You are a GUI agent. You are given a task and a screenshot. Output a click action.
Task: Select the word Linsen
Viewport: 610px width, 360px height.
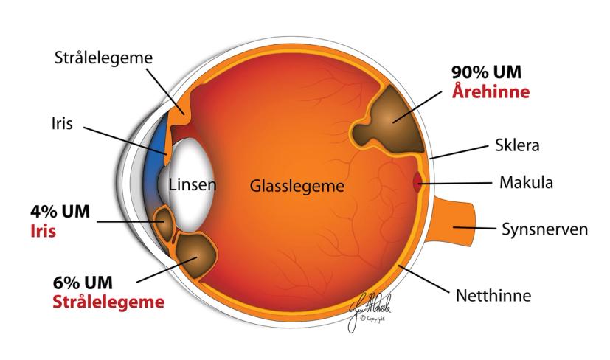[x=192, y=184]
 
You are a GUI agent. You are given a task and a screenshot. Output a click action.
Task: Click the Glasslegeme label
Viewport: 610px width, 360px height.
[x=297, y=186]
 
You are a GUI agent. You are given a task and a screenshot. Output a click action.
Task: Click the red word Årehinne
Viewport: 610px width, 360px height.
[x=490, y=93]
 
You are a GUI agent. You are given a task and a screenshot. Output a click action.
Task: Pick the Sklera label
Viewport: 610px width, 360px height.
[x=516, y=145]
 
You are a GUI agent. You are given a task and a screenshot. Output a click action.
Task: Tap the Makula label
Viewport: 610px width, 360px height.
[x=527, y=181]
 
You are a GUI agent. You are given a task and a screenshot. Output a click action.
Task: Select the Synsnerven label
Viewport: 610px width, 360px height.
[x=544, y=229]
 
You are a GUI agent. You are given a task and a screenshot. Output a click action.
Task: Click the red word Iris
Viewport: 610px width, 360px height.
[x=41, y=231]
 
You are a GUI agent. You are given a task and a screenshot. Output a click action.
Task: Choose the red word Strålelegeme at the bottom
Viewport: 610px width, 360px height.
[x=108, y=302]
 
